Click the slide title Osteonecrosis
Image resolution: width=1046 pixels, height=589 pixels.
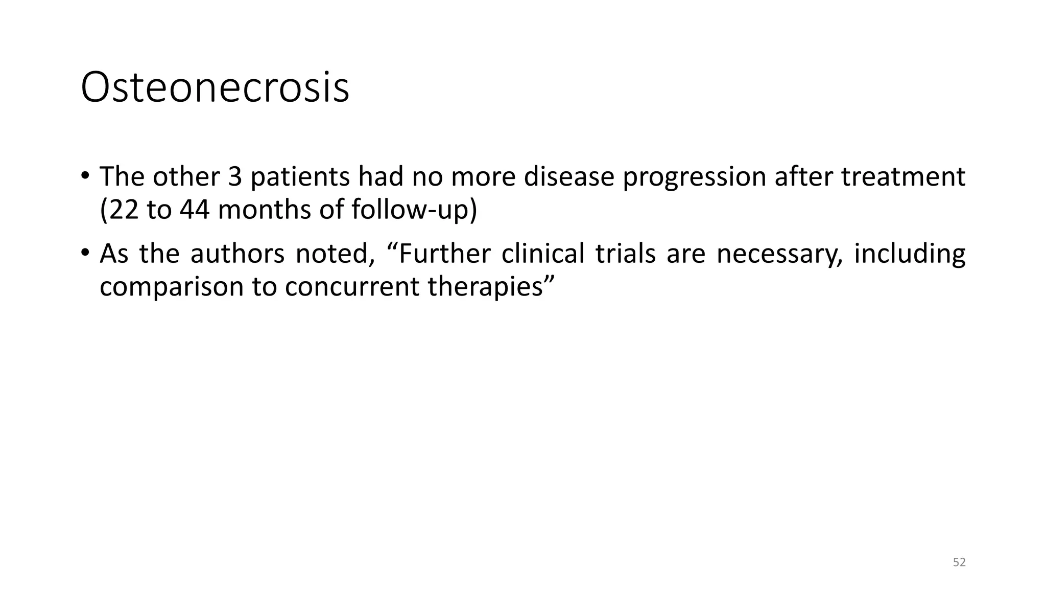point(215,88)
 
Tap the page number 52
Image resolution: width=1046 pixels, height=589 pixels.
point(959,562)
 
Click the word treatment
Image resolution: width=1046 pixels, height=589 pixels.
point(903,177)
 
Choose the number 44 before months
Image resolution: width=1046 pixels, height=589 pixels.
point(194,210)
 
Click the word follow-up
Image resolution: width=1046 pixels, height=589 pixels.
point(410,210)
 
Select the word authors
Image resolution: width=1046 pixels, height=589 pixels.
point(237,254)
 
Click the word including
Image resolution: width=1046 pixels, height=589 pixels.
point(909,255)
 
